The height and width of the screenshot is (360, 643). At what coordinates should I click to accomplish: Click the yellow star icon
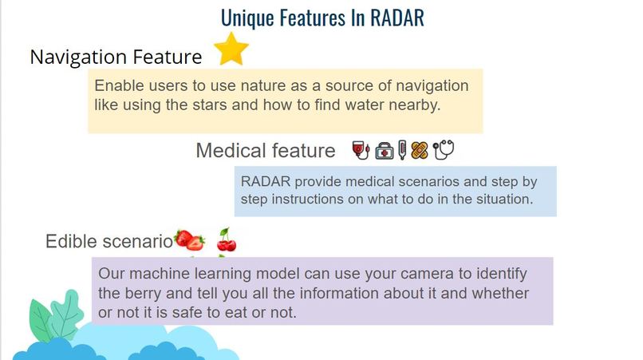pos(231,49)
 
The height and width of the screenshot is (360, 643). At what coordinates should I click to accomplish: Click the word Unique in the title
pos(250,17)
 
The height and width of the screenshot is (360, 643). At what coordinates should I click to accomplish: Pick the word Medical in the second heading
pos(234,151)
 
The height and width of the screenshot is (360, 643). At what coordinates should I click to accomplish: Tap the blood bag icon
pos(360,150)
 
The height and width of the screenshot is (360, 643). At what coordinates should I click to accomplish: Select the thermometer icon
pos(402,150)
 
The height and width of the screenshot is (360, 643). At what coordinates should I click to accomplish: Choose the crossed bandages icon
pos(420,150)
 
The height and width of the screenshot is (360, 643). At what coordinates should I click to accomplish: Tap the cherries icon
pos(227,239)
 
